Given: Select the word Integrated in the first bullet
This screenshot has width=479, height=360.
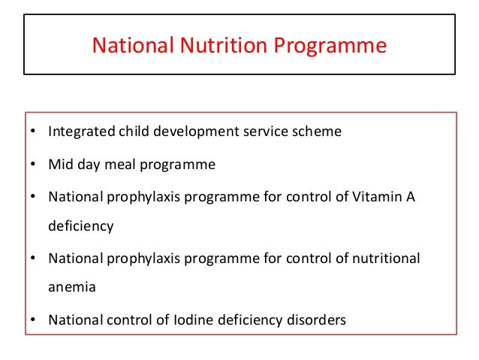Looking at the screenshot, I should [81, 132].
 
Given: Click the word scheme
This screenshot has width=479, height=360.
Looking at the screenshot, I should [316, 132].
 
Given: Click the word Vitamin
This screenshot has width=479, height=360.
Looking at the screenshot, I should [378, 195].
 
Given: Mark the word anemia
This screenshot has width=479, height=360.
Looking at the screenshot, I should [73, 286].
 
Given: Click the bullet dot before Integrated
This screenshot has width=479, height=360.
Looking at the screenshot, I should [33, 133].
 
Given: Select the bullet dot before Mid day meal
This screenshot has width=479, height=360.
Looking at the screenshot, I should [33, 165].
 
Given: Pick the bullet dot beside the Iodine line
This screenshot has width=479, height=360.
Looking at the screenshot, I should [33, 321].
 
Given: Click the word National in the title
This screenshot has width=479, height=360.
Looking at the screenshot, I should [133, 47].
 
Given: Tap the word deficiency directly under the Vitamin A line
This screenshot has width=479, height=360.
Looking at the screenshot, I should [81, 226].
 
